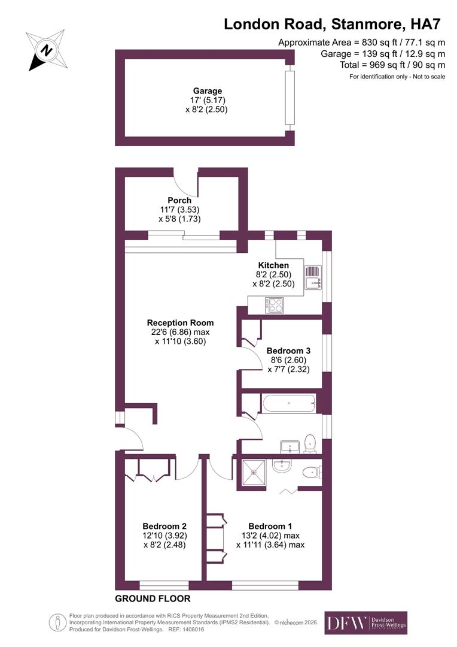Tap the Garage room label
207,91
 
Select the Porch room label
179,200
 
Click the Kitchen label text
273,265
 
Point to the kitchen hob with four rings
275,305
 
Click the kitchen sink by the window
313,277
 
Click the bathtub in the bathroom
288,403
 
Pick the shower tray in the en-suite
254,473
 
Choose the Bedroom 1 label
270,526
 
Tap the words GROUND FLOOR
153,598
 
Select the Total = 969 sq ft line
383,65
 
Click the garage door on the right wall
290,99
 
